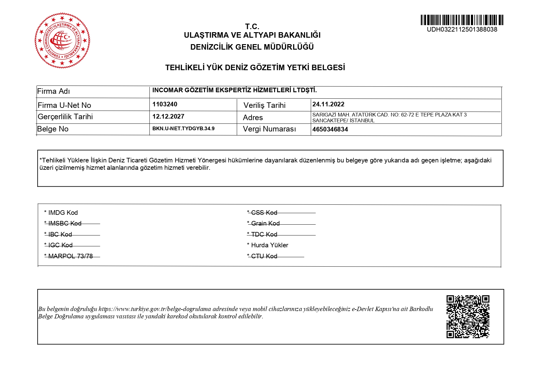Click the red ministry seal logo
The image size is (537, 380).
pos(62,40)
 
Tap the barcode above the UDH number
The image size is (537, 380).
pos(462,20)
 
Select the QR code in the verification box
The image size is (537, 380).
pos(468,317)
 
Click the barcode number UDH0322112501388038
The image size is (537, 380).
pos(462,30)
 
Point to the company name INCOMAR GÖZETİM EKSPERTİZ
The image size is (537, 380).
pos(234,90)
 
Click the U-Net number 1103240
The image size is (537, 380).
pos(165,104)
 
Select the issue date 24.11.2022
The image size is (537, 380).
pos(328,104)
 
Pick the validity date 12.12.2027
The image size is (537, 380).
pos(168,116)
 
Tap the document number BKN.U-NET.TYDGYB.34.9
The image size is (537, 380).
pos(183,128)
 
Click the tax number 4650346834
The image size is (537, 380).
pos(330,129)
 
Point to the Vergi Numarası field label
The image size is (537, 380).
pos(269,129)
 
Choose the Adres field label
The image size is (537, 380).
pos(253,118)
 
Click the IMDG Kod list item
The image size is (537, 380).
pos(61,213)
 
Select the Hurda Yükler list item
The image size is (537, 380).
pos(268,245)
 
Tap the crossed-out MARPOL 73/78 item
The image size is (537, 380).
pos(69,256)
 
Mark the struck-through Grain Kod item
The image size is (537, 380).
pos(263,223)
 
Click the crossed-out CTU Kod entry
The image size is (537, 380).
pos(262,256)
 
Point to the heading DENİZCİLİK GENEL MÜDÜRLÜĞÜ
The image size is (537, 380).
pos(252,47)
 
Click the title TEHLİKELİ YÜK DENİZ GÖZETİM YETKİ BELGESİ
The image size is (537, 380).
pos(255,68)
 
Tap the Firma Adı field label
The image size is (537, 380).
pos(54,91)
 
